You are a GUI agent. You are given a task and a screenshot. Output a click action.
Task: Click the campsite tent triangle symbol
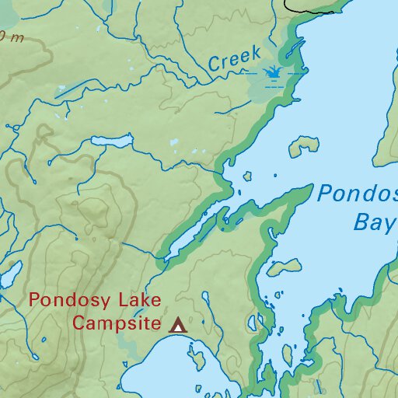179,325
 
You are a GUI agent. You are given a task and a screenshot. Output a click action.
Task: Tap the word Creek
233,60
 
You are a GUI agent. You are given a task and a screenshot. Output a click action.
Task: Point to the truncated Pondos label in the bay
357,194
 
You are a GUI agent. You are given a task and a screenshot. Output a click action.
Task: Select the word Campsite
117,323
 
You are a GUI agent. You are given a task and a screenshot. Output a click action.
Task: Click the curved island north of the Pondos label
304,145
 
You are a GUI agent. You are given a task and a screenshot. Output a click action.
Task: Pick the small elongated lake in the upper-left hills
112,141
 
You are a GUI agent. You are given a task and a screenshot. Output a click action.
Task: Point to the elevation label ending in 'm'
11,36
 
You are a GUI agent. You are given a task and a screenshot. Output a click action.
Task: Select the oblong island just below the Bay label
285,267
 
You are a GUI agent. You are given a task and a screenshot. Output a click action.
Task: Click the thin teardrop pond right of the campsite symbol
208,304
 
